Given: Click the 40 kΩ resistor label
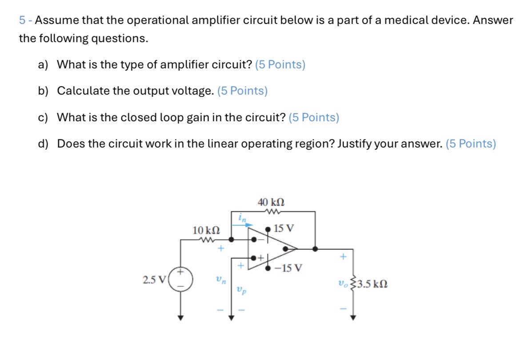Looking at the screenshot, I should click(x=271, y=202).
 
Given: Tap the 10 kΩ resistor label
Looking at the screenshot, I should click(x=206, y=230).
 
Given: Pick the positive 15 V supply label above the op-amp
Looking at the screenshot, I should click(x=284, y=229).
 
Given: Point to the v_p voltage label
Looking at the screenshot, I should click(x=241, y=291).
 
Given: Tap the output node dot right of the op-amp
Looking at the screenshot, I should click(x=315, y=249).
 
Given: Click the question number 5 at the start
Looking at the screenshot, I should click(x=22, y=20).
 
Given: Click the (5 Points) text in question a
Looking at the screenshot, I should click(x=280, y=65).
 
